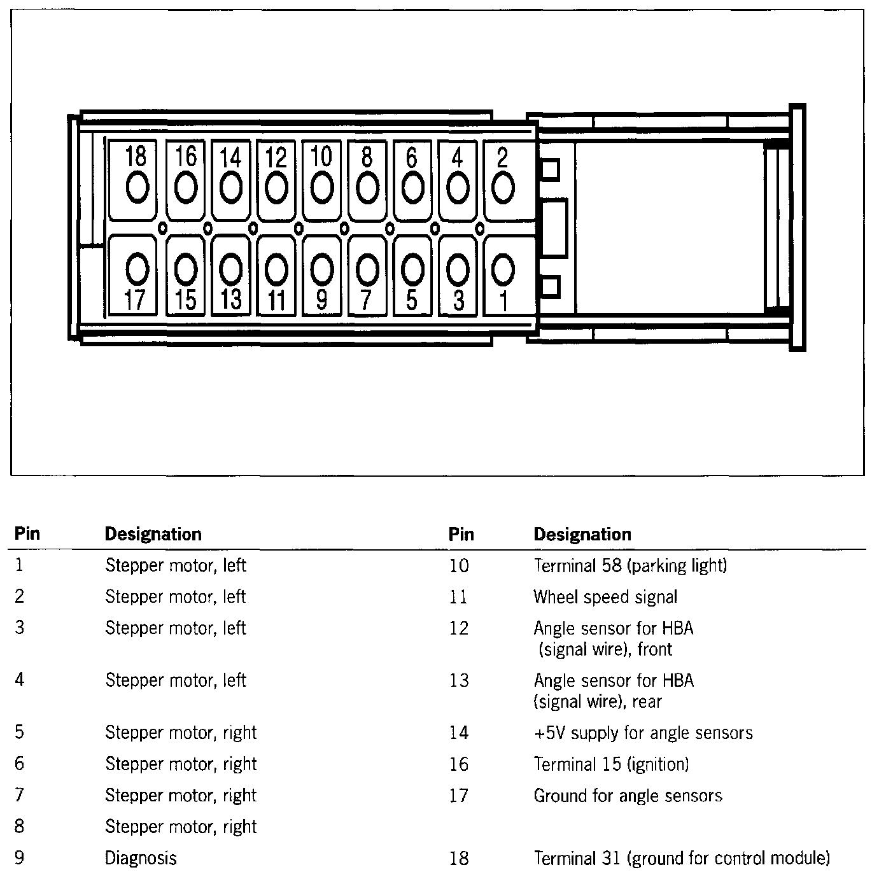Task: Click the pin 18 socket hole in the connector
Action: coord(137,188)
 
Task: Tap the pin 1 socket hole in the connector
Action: coord(503,269)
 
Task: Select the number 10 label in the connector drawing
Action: coord(321,156)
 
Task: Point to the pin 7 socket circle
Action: coord(367,271)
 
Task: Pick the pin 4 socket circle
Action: coord(458,188)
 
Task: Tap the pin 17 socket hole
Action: coord(137,271)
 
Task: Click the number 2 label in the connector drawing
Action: coord(502,157)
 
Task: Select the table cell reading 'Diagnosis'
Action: coord(141,858)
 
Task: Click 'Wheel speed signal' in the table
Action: coord(605,597)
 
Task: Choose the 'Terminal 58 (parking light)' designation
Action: coord(630,565)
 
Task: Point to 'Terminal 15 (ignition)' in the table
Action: coord(611,764)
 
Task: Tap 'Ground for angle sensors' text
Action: coord(628,796)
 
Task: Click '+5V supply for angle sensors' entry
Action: coord(643,733)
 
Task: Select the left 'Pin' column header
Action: coord(27,533)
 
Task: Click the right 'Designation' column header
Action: coord(582,534)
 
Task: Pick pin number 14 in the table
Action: coord(458,733)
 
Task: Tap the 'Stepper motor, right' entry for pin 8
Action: coord(181,827)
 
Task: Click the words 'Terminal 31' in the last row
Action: coord(577,859)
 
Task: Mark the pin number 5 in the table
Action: coord(20,733)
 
